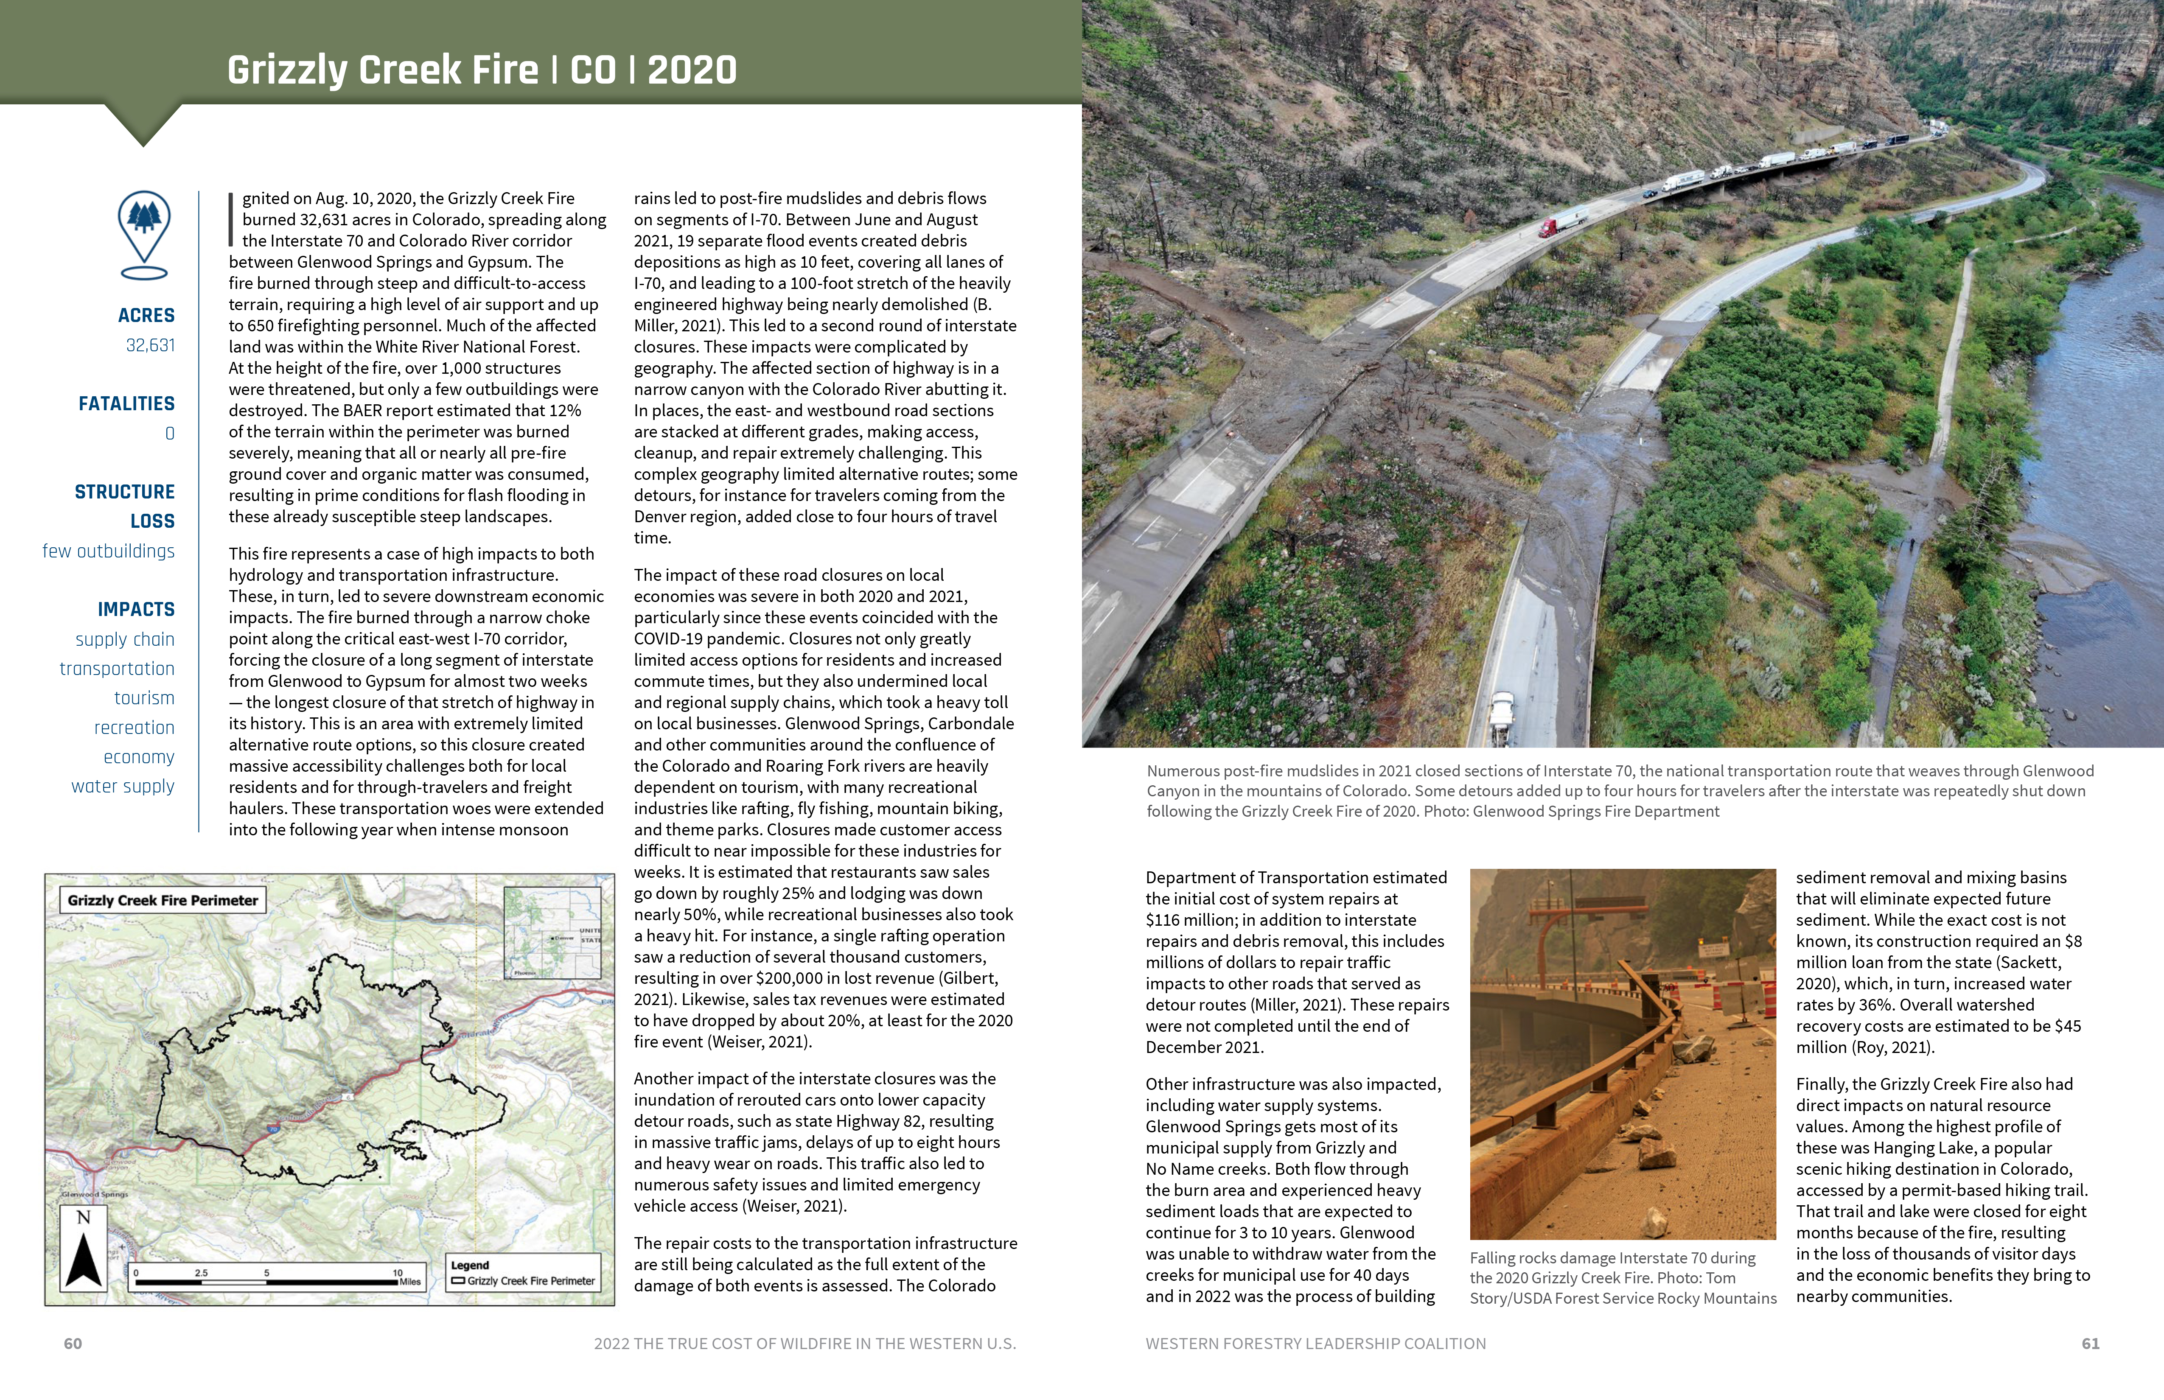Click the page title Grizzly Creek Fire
pyautogui.click(x=382, y=70)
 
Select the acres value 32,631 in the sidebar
pyautogui.click(x=150, y=345)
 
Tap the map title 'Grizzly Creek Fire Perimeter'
pyautogui.click(x=163, y=900)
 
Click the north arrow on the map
pyautogui.click(x=84, y=1247)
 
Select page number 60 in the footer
pyautogui.click(x=73, y=1344)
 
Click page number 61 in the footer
pyautogui.click(x=2090, y=1344)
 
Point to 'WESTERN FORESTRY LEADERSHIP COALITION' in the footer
pyautogui.click(x=1316, y=1344)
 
